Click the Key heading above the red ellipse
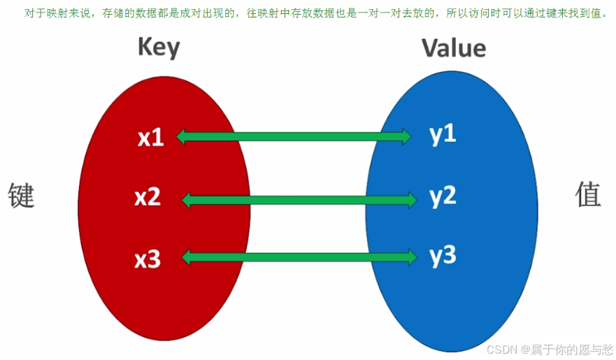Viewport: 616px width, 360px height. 159,48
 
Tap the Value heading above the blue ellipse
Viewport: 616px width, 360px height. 453,48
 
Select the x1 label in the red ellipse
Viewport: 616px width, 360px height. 150,138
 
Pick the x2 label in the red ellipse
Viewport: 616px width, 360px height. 148,198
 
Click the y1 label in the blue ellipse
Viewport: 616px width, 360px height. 443,134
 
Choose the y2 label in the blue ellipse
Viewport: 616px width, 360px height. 443,196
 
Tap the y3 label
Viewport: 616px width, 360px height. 443,256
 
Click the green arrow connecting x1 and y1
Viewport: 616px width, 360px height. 294,137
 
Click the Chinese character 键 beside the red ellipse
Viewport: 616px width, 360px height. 21,195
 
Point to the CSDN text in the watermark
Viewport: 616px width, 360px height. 500,349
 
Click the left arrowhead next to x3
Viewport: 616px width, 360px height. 187,258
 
